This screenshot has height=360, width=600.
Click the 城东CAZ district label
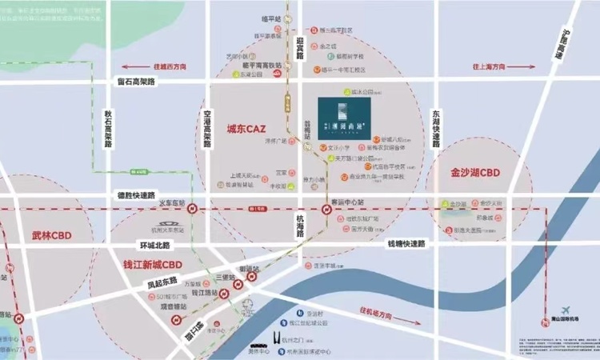point(246,128)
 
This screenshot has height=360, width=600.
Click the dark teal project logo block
point(343,118)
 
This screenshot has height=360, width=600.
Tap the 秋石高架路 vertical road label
point(108,133)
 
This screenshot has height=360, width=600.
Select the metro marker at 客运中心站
point(327,209)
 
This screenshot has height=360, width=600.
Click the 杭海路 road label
point(300,223)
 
